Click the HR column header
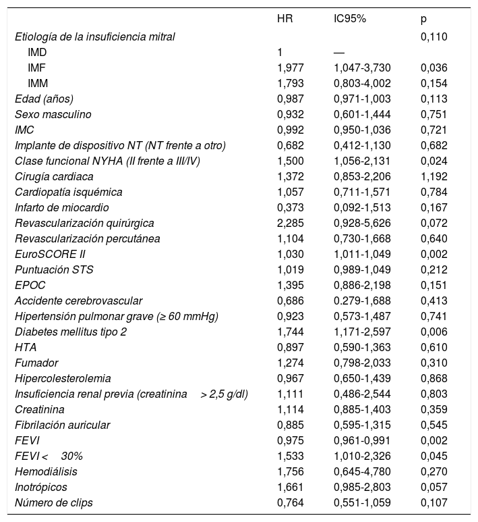[x=285, y=20]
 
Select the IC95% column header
[x=349, y=20]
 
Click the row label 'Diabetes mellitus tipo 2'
[x=71, y=332]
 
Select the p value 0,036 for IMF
[x=434, y=68]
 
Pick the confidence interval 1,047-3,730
[x=362, y=68]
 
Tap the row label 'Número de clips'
[x=54, y=502]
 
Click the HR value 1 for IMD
[x=280, y=52]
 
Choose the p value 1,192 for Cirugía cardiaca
[x=434, y=176]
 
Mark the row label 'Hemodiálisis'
[x=46, y=471]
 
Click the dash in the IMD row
[x=339, y=52]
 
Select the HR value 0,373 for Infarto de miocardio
[x=291, y=207]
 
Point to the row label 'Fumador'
[x=36, y=363]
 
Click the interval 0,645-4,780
[x=362, y=471]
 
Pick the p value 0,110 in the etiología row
[x=434, y=36]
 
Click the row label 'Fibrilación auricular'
[x=62, y=425]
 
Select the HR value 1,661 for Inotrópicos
[x=291, y=486]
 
